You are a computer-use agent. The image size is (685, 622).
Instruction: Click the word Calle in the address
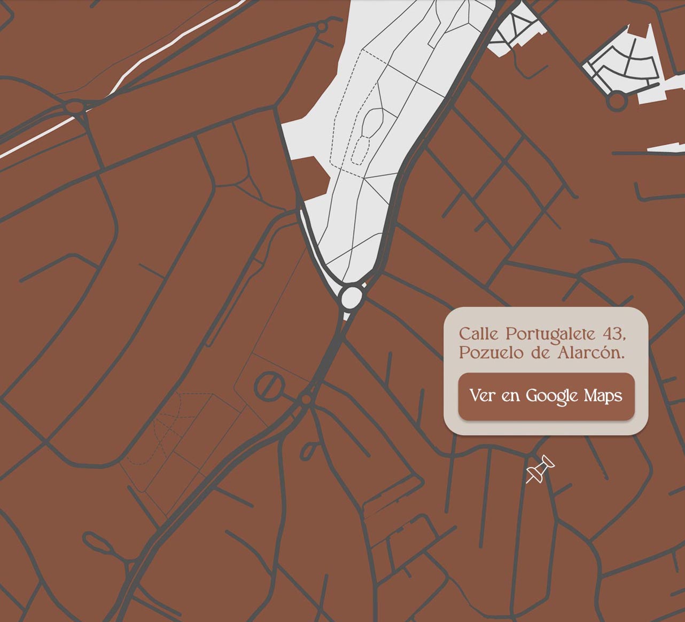478,334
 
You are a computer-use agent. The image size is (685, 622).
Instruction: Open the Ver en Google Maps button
546,396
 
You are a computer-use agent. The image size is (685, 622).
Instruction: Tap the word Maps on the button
603,396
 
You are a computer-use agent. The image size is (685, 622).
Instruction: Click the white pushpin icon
540,469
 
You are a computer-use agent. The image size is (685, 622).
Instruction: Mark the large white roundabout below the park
352,297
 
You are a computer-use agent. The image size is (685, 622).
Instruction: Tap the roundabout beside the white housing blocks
617,101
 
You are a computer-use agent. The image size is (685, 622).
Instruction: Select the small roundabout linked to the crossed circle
306,399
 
